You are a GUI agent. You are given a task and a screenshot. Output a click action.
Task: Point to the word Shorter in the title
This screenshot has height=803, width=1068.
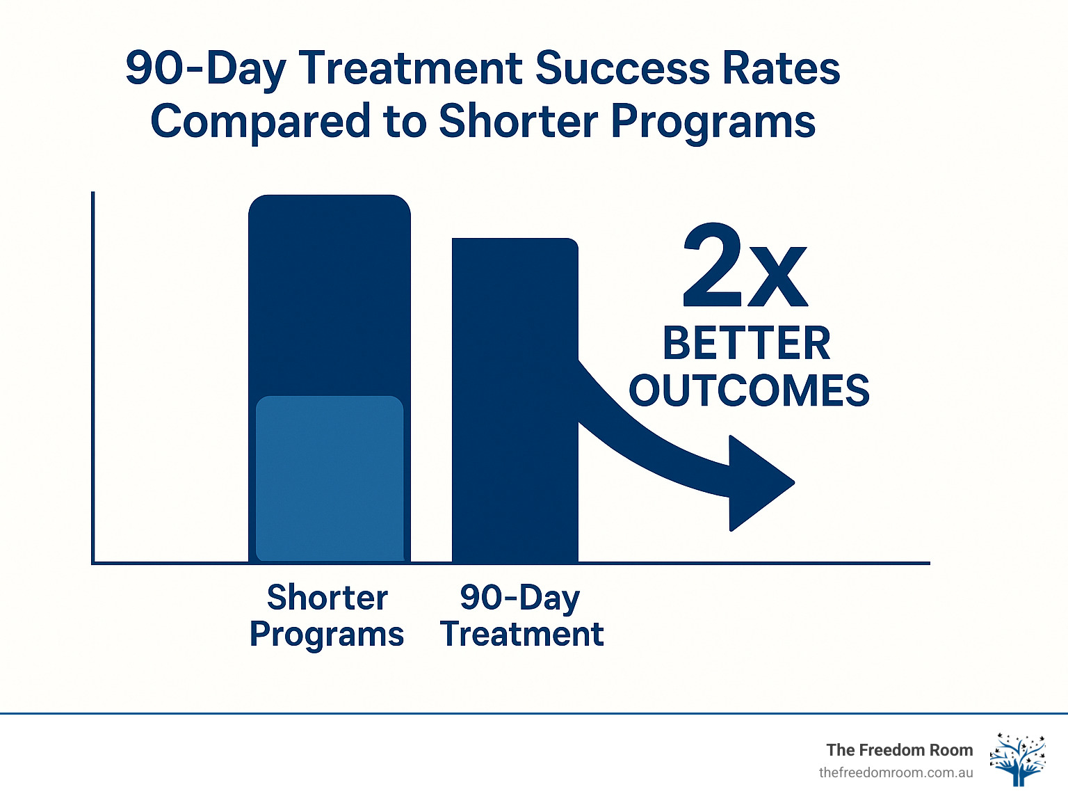(517, 121)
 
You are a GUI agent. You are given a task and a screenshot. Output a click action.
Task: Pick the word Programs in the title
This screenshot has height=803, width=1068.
(713, 121)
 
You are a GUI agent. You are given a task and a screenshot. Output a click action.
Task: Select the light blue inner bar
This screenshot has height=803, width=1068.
(330, 479)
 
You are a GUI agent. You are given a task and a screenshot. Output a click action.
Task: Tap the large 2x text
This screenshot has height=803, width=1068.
(745, 268)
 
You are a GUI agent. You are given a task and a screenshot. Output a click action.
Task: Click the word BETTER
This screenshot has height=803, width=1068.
(746, 343)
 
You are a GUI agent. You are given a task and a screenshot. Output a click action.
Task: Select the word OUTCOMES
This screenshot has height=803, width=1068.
(749, 390)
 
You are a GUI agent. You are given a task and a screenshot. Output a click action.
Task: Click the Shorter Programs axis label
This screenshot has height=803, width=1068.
(327, 616)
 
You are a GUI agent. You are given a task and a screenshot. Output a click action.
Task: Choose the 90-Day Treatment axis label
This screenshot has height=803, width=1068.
(521, 616)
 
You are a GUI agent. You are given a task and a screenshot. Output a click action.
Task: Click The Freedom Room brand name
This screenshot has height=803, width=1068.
(899, 749)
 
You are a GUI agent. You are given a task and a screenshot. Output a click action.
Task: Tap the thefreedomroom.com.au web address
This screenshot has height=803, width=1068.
(896, 772)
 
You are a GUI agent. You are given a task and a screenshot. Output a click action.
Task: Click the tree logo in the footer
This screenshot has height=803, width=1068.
(1017, 759)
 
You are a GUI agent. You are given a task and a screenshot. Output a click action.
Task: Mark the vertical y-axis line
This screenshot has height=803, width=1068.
(92, 376)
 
